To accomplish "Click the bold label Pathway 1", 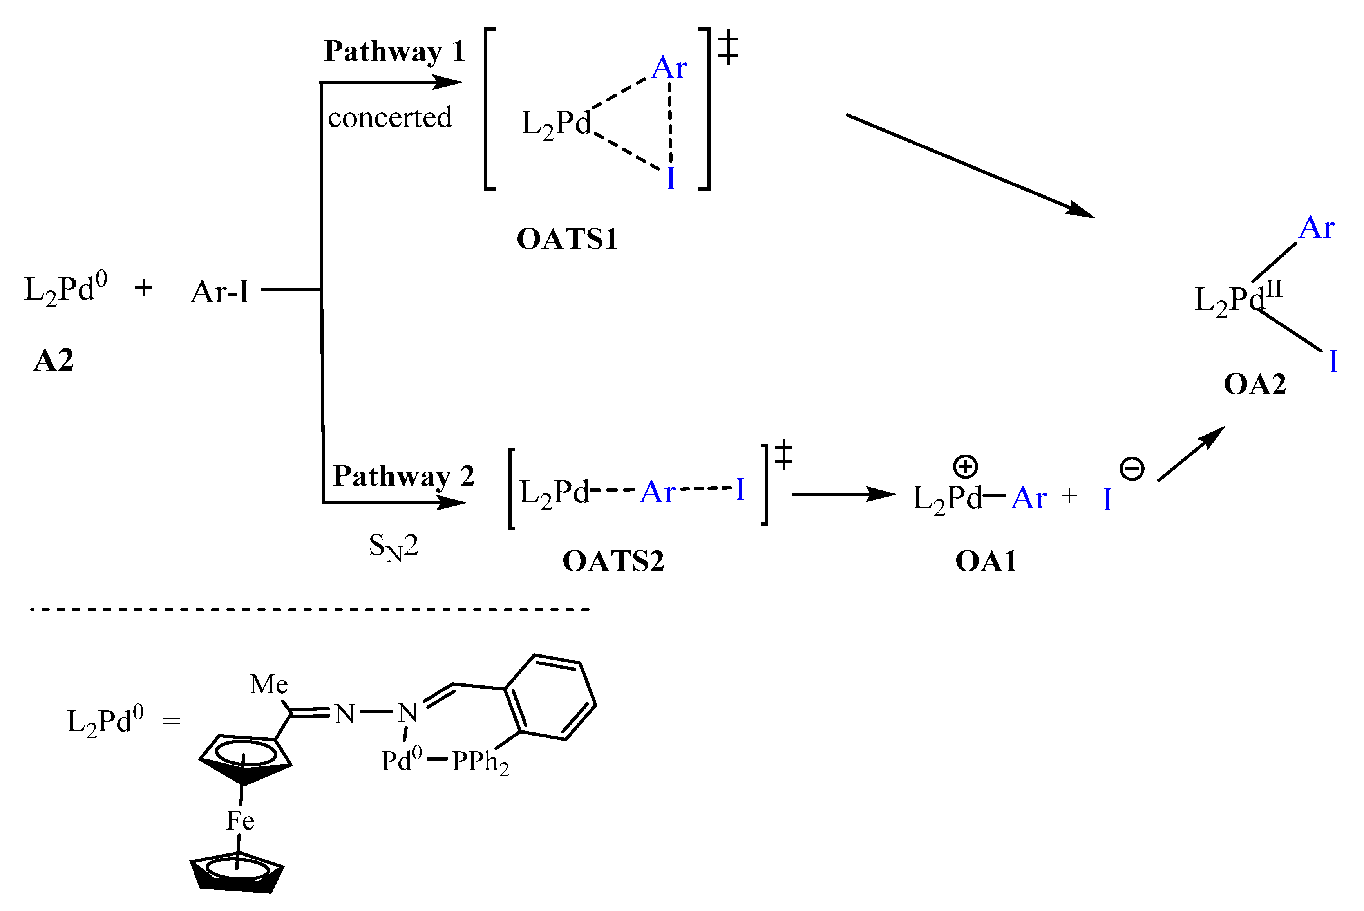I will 394,52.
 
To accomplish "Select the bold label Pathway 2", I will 403,476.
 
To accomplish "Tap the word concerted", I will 389,118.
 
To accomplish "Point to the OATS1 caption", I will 566,239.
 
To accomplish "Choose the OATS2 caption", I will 613,562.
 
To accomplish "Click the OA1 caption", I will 986,562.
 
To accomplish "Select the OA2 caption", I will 1255,385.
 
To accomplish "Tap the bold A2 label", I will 53,360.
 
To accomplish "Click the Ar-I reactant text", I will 220,292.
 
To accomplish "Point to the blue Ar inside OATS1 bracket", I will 669,69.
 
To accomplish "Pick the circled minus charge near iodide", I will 1132,468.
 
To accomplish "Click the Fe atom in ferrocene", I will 240,821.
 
